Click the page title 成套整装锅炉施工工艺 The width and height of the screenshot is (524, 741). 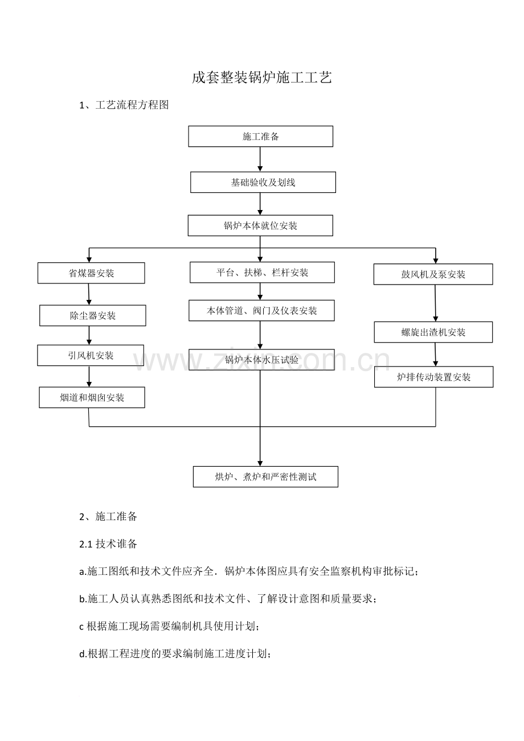[x=262, y=78]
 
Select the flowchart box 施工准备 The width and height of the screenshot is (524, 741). [x=260, y=136]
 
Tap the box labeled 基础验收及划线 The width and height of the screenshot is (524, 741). [x=263, y=182]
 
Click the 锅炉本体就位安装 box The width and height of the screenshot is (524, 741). [x=260, y=225]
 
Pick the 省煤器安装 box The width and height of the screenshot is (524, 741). [x=91, y=273]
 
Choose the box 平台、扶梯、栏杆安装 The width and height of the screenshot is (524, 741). [x=262, y=273]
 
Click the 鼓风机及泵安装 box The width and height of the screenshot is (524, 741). [x=433, y=274]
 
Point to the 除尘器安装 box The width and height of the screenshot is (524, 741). [x=93, y=316]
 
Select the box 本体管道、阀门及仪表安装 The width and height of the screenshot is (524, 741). [x=261, y=311]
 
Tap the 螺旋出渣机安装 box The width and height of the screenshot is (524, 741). [x=433, y=332]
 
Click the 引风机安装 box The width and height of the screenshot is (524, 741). [x=91, y=356]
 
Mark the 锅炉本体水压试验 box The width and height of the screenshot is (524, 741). [x=261, y=360]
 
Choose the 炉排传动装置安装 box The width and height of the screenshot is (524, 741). [x=433, y=377]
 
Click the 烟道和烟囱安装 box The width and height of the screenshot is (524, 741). [x=92, y=397]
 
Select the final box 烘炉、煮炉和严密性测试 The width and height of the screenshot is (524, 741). [x=265, y=477]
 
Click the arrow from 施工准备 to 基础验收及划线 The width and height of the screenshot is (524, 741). [x=260, y=159]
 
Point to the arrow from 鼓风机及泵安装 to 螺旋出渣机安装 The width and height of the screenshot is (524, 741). [x=435, y=303]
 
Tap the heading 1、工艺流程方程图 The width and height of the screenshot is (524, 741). [x=124, y=105]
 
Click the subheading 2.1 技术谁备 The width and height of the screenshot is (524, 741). [x=108, y=544]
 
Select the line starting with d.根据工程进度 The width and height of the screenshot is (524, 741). [x=175, y=654]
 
